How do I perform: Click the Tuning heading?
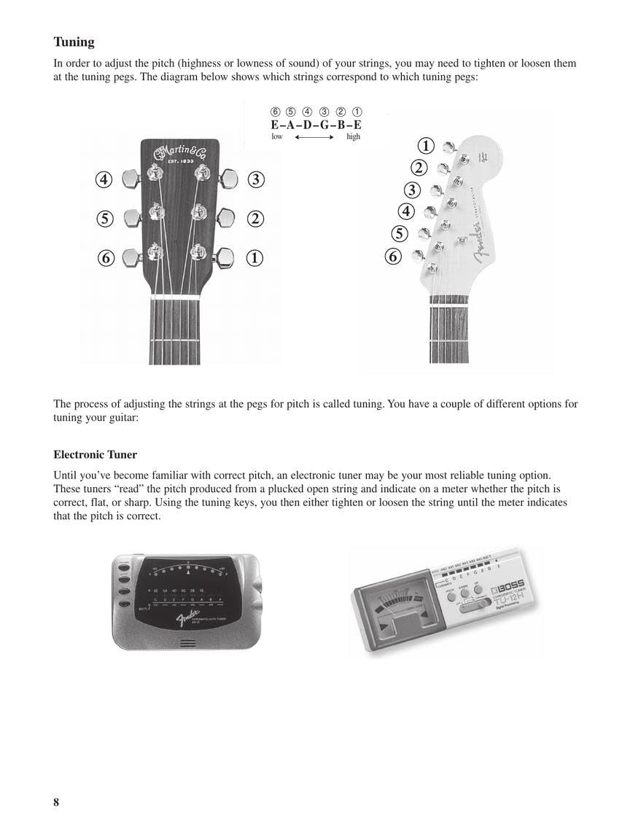(x=74, y=42)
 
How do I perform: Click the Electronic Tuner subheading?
(x=95, y=455)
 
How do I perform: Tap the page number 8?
(x=56, y=803)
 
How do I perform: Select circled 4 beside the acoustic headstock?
(x=104, y=179)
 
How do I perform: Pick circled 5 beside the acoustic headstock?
(x=104, y=218)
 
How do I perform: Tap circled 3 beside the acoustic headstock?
(x=255, y=179)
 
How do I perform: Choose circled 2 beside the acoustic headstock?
(x=255, y=218)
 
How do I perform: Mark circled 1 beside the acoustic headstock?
(x=255, y=257)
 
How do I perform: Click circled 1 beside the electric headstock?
(x=427, y=147)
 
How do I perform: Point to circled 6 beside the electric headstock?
(x=393, y=256)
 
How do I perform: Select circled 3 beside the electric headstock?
(x=413, y=190)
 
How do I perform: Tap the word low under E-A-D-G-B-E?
(x=277, y=136)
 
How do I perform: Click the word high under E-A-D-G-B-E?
(x=354, y=136)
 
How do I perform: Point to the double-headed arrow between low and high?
(x=314, y=136)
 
